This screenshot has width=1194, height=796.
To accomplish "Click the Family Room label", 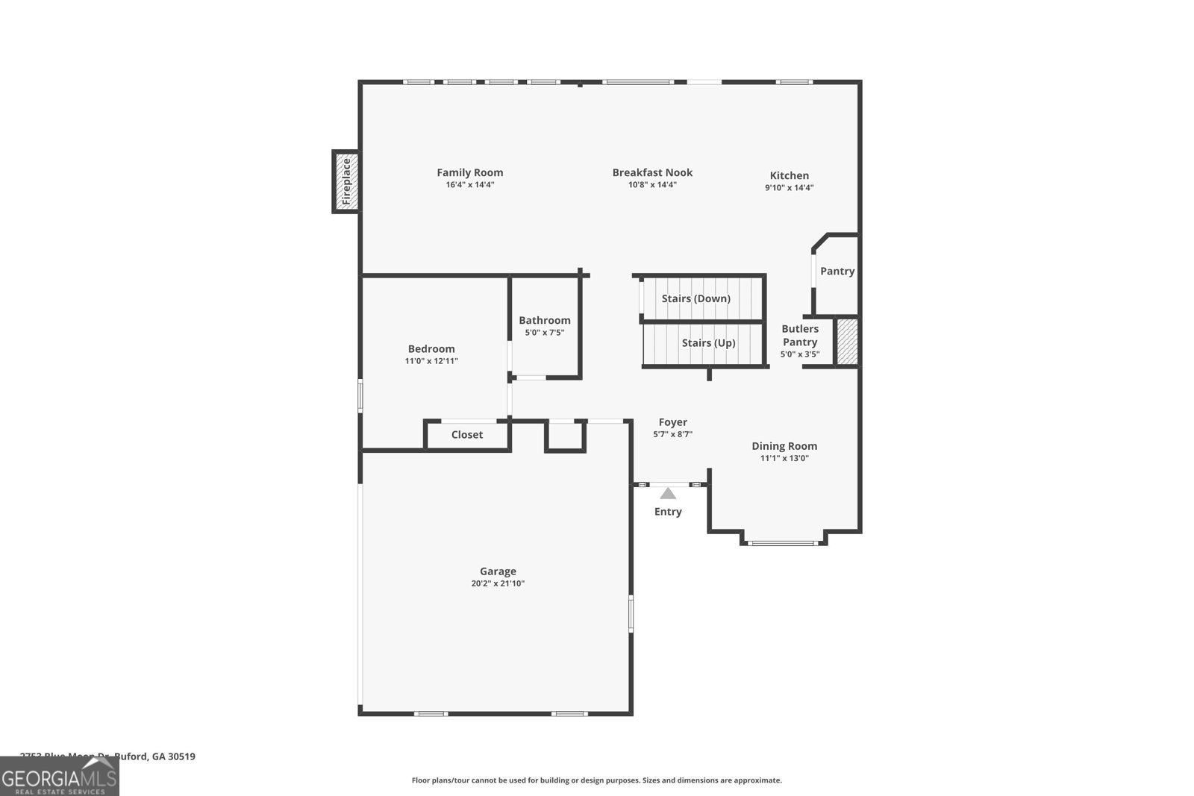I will (x=469, y=172).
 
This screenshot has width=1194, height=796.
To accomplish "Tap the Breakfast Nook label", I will (x=652, y=172).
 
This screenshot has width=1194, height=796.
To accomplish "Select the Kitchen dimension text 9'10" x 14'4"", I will (x=789, y=188).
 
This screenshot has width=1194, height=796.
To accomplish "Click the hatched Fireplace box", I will (x=346, y=181).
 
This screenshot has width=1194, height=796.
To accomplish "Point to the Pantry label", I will (x=837, y=271).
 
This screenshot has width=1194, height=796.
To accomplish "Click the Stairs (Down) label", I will (x=696, y=298).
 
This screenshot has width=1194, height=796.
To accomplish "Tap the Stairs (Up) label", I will (x=708, y=343).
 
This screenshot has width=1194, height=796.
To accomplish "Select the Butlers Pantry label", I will (x=800, y=335).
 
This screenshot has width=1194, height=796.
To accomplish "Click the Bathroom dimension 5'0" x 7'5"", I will (x=545, y=333).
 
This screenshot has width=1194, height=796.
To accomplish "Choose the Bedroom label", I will (x=431, y=348).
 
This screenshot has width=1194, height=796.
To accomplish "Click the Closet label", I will (x=467, y=435).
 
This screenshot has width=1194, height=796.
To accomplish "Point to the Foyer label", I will (x=672, y=422).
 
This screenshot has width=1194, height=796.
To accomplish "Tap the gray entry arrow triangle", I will (x=668, y=493).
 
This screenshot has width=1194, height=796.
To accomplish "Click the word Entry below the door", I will (x=668, y=512).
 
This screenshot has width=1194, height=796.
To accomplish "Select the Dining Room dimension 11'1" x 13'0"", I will (x=784, y=458).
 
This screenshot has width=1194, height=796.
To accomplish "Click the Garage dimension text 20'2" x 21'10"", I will (x=498, y=583).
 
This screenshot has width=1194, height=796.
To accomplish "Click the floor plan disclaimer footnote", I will (x=596, y=780).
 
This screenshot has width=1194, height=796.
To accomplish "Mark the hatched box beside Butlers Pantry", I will (x=847, y=342).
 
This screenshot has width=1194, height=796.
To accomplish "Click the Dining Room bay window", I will (x=784, y=542).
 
